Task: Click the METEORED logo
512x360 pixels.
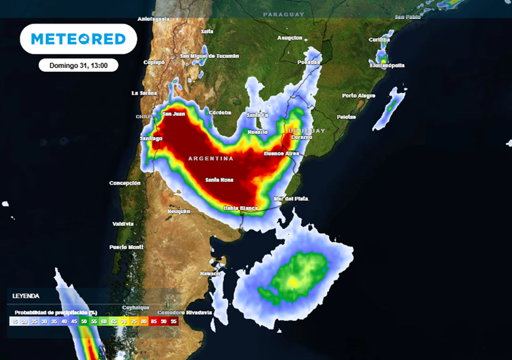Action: tap(78, 38)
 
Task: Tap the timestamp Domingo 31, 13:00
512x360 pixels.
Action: tap(78, 65)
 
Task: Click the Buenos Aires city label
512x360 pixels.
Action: tap(281, 153)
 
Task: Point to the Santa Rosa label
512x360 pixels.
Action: tap(219, 179)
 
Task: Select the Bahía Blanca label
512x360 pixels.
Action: tap(240, 208)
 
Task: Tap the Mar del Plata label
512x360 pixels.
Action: tap(291, 198)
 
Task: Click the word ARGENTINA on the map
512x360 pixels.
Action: tap(210, 158)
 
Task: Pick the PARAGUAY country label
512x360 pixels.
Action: tap(283, 14)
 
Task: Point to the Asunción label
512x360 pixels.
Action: tap(290, 38)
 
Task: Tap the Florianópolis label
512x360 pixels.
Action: tap(386, 65)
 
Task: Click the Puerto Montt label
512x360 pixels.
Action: tap(126, 247)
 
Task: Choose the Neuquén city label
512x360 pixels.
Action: tap(178, 211)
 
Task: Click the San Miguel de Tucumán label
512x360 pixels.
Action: tap(209, 56)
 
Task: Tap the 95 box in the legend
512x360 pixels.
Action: tap(173, 321)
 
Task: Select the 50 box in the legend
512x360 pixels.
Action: tap(84, 321)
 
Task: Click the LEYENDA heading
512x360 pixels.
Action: tap(26, 296)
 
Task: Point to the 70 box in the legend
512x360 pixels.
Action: tap(124, 321)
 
